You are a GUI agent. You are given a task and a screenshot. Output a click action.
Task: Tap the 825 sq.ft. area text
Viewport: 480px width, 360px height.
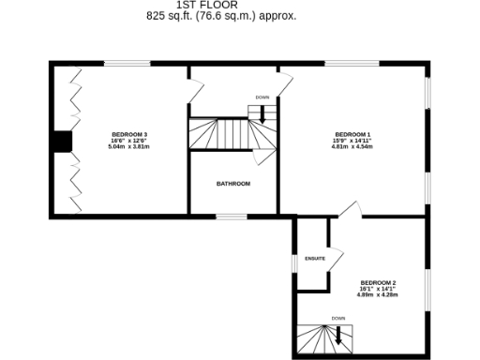[221, 16]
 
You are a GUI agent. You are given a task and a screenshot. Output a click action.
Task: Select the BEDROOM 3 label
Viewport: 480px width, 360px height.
[129, 134]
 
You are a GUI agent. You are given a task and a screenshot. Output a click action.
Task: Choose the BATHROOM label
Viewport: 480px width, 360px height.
[233, 184]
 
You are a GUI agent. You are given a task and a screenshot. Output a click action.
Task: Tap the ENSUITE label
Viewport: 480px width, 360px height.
[314, 258]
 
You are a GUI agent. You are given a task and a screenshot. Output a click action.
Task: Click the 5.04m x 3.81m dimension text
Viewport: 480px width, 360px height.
[129, 147]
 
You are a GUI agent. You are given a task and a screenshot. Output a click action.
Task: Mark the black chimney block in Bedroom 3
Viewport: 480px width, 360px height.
[62, 141]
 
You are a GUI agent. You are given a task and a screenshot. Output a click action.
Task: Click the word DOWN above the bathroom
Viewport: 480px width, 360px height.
[262, 97]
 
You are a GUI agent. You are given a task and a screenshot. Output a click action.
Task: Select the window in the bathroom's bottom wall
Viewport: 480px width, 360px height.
[232, 217]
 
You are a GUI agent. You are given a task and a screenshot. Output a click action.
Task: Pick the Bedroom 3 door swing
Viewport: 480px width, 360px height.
[194, 89]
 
